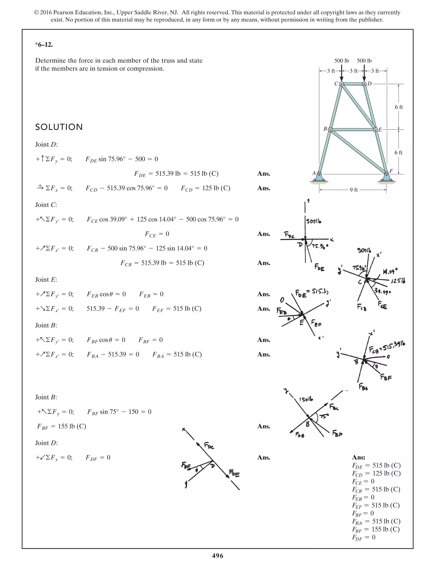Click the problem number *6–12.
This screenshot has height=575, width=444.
[x=44, y=45]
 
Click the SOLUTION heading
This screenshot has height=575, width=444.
[x=59, y=127]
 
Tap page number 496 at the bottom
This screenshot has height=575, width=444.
[x=217, y=555]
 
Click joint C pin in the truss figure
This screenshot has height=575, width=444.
[x=341, y=84]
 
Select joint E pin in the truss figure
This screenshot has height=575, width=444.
[x=376, y=130]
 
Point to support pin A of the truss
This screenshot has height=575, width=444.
[x=319, y=174]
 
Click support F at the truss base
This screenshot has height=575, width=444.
[x=386, y=174]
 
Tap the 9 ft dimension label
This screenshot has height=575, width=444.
[x=354, y=190]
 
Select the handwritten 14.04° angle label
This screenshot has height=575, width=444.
[x=390, y=271]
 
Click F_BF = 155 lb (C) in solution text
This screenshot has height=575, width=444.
[x=62, y=426]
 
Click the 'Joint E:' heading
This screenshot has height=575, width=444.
[x=46, y=280]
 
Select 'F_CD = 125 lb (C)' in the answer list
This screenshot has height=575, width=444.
[x=376, y=473]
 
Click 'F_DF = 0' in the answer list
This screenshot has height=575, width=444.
[x=364, y=537]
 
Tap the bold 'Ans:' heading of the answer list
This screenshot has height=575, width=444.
[x=359, y=457]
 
